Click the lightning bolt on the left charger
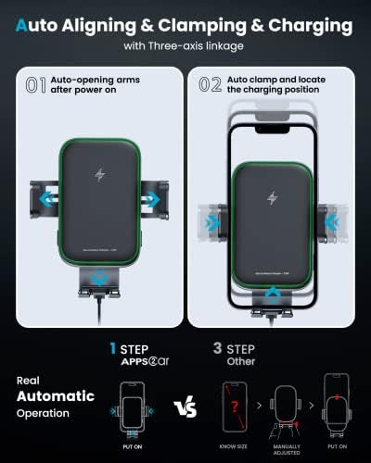(99, 175)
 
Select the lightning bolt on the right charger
(271, 198)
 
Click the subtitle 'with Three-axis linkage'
(185, 44)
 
